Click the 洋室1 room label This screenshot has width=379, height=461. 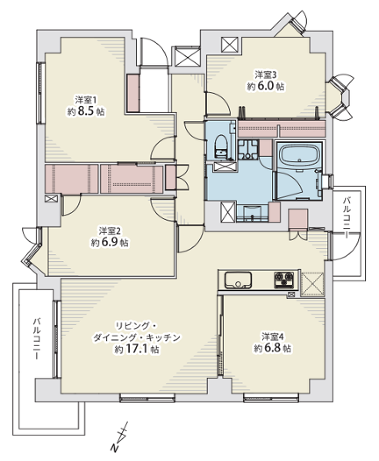(85, 100)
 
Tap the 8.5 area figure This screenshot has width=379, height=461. (87, 111)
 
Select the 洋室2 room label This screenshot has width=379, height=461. (111, 230)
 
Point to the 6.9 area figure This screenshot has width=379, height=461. (111, 243)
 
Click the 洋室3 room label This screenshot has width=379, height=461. (266, 75)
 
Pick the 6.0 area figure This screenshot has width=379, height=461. (266, 86)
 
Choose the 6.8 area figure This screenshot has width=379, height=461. (273, 348)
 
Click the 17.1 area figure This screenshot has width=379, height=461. (137, 349)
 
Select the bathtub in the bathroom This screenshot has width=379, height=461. (300, 156)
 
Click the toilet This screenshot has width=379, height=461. (221, 147)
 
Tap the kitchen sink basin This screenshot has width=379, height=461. (238, 280)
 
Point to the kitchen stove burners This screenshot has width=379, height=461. (284, 280)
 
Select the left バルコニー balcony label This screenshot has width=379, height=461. (36, 338)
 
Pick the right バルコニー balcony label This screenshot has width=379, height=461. (347, 218)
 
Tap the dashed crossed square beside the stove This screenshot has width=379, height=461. (313, 284)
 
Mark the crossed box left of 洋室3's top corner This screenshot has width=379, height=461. (231, 45)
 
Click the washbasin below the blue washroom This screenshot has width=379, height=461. (252, 214)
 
